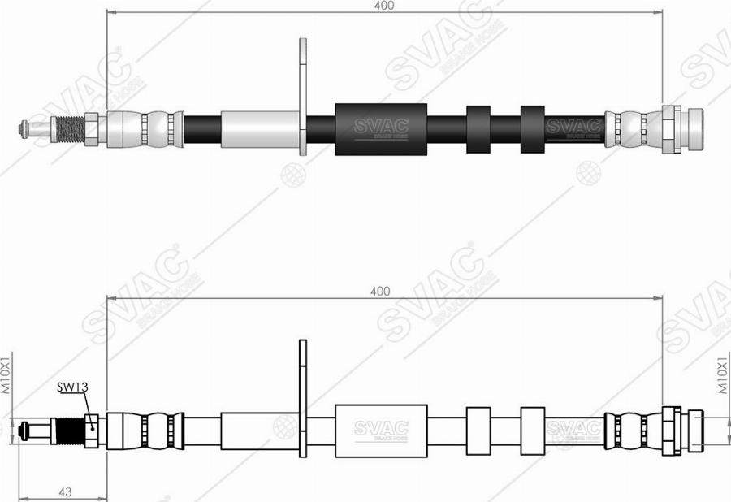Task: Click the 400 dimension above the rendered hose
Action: coord(384,6)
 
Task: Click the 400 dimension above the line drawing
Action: coord(379,291)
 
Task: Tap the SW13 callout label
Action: coord(71,387)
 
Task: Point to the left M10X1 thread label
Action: coord(6,374)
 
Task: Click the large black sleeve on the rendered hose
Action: coord(381,128)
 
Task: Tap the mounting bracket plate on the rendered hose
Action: coord(304,97)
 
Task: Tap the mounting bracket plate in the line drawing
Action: coord(304,398)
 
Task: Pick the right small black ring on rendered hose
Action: coord(532,128)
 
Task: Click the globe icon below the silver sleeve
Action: coord(291,173)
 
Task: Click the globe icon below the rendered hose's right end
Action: coord(586,173)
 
